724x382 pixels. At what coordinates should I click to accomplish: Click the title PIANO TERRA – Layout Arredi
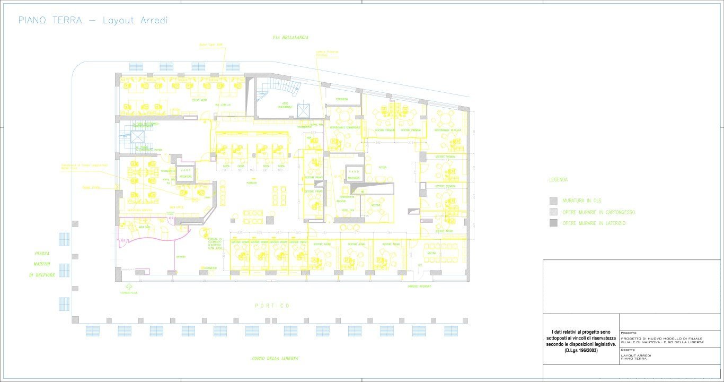pos(93,21)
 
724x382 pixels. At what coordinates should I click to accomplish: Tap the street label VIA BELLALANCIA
pos(290,38)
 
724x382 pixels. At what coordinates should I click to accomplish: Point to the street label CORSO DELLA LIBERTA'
pos(276,359)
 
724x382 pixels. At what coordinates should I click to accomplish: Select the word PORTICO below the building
pos(272,306)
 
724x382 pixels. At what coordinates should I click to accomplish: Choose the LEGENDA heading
pos(558,180)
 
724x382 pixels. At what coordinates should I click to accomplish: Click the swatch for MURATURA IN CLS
pos(553,201)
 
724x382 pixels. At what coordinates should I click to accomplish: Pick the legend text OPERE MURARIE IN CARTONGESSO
pos(599,212)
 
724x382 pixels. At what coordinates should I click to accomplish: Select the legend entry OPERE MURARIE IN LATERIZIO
pos(594,223)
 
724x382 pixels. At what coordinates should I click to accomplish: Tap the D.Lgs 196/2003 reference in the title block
pos(581,351)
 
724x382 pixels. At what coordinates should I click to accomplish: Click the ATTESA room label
pos(382,167)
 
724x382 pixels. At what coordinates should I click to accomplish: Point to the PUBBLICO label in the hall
pos(252,183)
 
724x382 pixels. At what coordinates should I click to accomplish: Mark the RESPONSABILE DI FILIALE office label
pos(447,130)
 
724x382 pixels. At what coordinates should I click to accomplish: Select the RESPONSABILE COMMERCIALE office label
pos(345,128)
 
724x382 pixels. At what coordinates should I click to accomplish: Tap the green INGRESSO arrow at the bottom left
pos(129,288)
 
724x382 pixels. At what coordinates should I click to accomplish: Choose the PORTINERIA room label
pos(341,99)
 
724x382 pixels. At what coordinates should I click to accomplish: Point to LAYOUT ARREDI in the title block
pos(636,355)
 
